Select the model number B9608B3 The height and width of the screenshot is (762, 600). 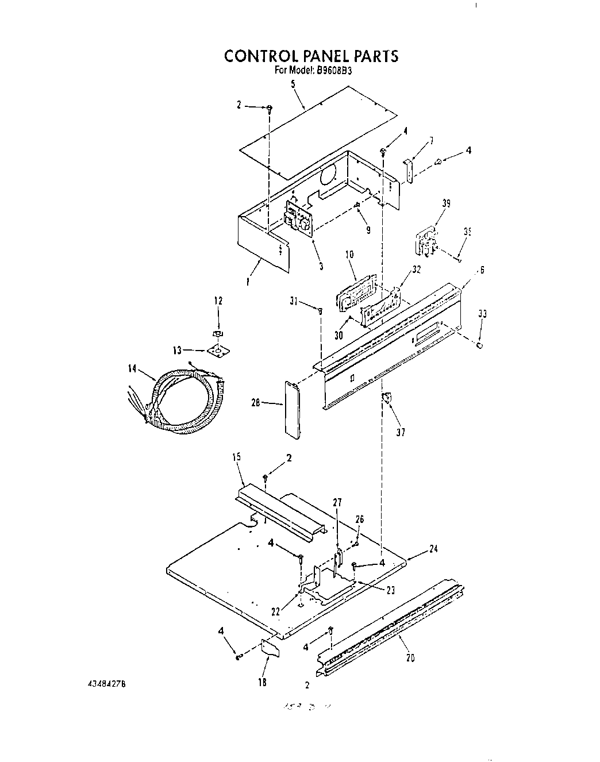tap(334, 71)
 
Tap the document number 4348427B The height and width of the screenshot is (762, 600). tap(106, 684)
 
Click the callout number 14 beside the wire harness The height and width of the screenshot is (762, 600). tap(133, 369)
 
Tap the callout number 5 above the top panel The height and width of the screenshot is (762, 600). tap(293, 84)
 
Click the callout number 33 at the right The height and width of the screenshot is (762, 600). tap(482, 313)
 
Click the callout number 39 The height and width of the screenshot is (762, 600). tap(447, 203)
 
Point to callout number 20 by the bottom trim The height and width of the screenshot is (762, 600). tap(410, 658)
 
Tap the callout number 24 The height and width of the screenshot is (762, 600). tap(434, 549)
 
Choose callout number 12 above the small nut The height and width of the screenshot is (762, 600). tap(218, 301)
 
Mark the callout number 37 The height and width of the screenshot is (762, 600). tap(401, 432)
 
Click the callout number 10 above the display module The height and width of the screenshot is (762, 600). tap(349, 255)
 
